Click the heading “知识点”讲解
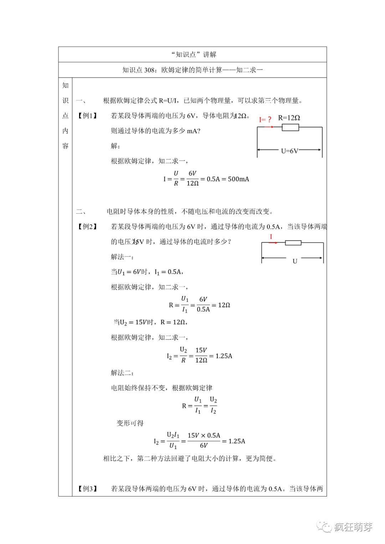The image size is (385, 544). [x=194, y=55]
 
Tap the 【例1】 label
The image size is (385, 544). [x=87, y=116]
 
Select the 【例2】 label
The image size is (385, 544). [x=87, y=227]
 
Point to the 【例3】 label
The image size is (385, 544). [x=87, y=488]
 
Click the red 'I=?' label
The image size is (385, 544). [x=265, y=120]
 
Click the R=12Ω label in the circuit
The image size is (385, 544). [x=289, y=118]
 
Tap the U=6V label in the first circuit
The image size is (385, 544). [x=289, y=151]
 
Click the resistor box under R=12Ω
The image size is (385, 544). [x=290, y=127]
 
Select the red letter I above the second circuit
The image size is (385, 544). [x=271, y=237]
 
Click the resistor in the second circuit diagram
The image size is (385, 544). [x=293, y=243]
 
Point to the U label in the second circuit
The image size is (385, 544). [x=295, y=261]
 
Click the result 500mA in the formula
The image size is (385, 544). [x=238, y=179]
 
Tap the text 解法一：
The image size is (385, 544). [x=122, y=257]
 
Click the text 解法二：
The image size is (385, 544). [x=122, y=373]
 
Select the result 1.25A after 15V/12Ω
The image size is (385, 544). [x=224, y=356]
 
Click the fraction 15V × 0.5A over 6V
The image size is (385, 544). [x=204, y=441]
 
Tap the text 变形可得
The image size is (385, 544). [x=130, y=423]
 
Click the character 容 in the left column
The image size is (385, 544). [x=65, y=146]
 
